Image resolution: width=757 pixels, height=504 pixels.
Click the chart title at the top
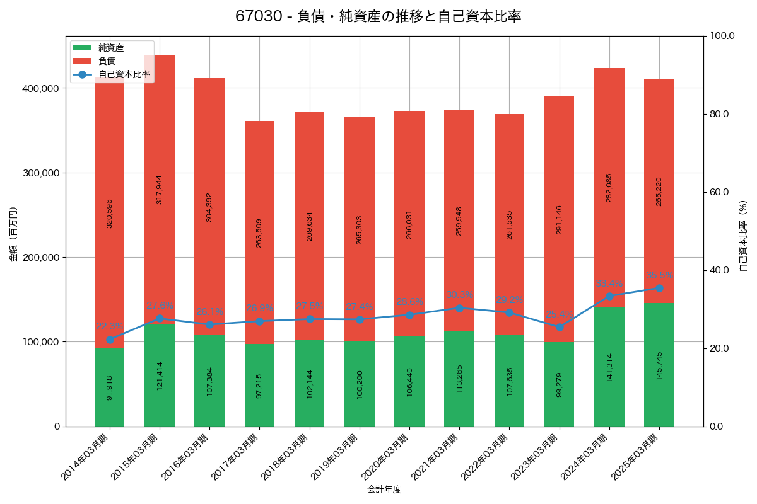click(x=378, y=16)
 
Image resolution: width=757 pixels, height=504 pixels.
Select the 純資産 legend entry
click(x=110, y=48)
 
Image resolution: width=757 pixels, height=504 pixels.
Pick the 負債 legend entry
click(x=107, y=61)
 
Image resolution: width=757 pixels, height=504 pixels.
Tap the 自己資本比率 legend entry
click(x=124, y=74)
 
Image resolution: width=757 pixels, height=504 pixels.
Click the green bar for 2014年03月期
click(x=109, y=387)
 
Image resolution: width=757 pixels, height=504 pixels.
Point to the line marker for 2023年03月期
click(x=559, y=327)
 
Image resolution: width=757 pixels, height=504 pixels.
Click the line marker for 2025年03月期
click(x=659, y=288)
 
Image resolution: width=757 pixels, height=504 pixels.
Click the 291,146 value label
click(x=559, y=220)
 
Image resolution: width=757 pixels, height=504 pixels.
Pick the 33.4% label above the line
click(x=609, y=283)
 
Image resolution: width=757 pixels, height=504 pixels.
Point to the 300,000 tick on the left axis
click(x=41, y=173)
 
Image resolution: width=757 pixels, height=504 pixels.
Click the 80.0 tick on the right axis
click(x=719, y=114)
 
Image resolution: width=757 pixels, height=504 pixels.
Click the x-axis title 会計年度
click(x=384, y=489)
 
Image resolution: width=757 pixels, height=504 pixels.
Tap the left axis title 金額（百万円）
click(x=13, y=234)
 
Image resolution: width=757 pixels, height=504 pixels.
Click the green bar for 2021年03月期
click(x=459, y=379)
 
